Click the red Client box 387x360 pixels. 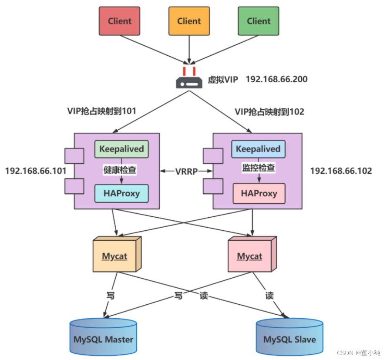(120, 21)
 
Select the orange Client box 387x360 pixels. (189, 21)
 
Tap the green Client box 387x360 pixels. (259, 21)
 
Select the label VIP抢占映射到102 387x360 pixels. (269, 112)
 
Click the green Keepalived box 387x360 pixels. (121, 149)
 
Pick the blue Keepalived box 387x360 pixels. (258, 149)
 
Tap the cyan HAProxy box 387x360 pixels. (121, 193)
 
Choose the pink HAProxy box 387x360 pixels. (259, 193)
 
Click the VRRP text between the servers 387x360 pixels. (186, 171)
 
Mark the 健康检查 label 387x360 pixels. (120, 170)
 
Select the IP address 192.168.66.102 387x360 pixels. (341, 171)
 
